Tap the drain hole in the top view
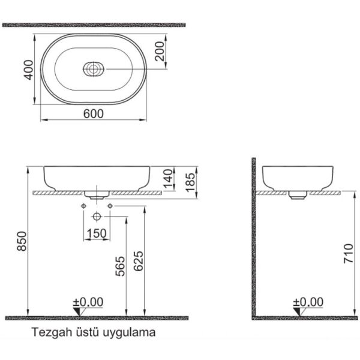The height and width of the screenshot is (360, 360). [94, 70]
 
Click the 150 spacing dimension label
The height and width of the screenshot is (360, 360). [96, 233]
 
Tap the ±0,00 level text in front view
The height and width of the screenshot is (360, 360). [88, 301]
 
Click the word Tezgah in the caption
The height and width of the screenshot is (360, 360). [47, 331]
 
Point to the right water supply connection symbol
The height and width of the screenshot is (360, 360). [110, 206]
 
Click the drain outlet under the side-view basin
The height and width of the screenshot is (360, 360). [296, 194]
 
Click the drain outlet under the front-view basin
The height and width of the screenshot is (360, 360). [97, 194]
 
